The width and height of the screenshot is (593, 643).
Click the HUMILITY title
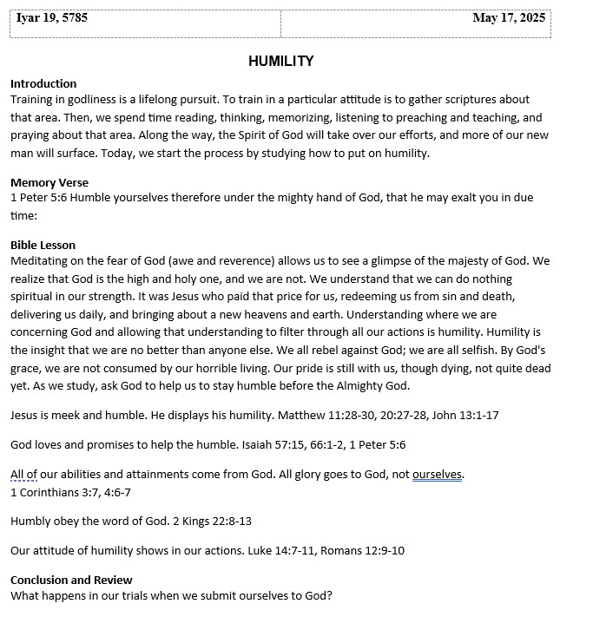(x=280, y=61)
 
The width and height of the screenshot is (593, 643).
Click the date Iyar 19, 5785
(x=52, y=17)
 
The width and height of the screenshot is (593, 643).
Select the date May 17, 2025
(x=509, y=17)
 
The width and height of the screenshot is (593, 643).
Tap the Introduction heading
(x=43, y=84)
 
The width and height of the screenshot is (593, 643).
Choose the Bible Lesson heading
(x=43, y=246)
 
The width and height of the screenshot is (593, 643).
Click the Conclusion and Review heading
(x=71, y=580)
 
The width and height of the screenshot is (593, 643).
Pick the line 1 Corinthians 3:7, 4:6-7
(x=70, y=492)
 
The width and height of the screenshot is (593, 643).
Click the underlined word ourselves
(x=437, y=474)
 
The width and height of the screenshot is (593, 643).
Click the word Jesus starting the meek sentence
(x=26, y=415)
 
